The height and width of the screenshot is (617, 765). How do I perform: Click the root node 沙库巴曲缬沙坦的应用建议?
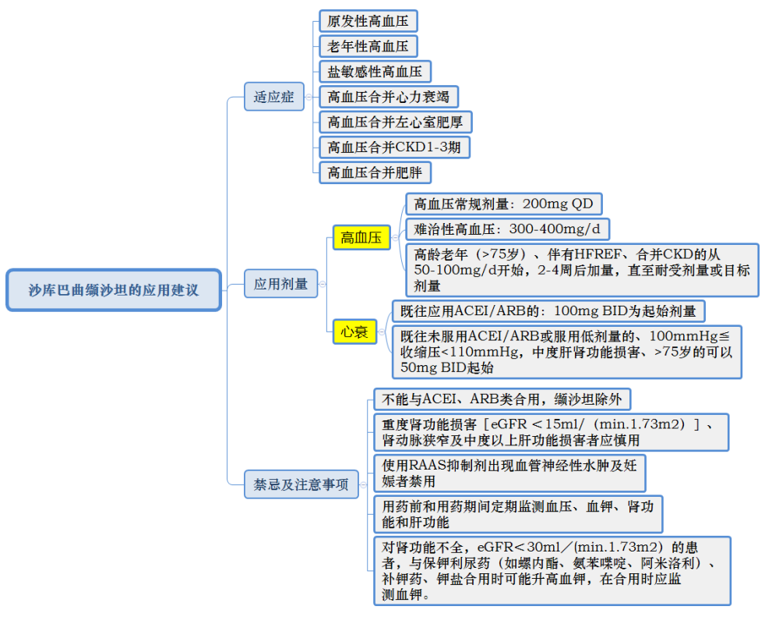(x=114, y=290)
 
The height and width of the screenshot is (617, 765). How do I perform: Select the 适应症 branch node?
(x=273, y=97)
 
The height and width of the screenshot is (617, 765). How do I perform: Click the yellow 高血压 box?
(x=361, y=238)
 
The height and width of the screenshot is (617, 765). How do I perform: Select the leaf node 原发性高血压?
(x=368, y=21)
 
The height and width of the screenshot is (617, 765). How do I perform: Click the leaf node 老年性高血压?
(x=368, y=46)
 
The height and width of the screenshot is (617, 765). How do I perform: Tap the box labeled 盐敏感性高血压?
(x=375, y=72)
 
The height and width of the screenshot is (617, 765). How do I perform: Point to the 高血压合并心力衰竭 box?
(x=389, y=97)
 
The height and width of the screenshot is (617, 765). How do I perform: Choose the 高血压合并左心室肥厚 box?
(x=396, y=122)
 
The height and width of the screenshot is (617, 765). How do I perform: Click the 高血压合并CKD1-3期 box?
(x=395, y=147)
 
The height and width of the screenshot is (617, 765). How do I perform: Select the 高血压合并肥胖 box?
(x=375, y=172)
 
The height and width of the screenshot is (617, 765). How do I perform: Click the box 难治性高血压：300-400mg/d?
(x=507, y=229)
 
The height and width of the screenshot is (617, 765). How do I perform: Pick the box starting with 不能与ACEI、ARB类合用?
(x=502, y=399)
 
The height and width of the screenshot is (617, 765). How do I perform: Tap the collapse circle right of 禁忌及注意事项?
(x=364, y=484)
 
